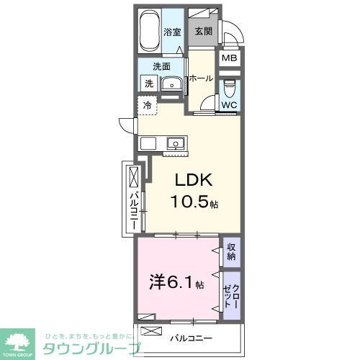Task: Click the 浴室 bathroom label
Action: pyautogui.click(x=171, y=32)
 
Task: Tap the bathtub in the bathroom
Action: pyautogui.click(x=149, y=32)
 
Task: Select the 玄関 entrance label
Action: pyautogui.click(x=202, y=32)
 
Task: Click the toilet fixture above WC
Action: pyautogui.click(x=229, y=89)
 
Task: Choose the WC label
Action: pyautogui.click(x=229, y=104)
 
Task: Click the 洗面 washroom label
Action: pyautogui.click(x=161, y=67)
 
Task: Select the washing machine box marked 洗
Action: pyautogui.click(x=148, y=84)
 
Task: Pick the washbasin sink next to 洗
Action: pyautogui.click(x=171, y=84)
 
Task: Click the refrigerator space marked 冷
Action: pyautogui.click(x=147, y=106)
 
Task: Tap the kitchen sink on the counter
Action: pyautogui.click(x=176, y=143)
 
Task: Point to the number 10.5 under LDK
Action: pyautogui.click(x=190, y=202)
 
